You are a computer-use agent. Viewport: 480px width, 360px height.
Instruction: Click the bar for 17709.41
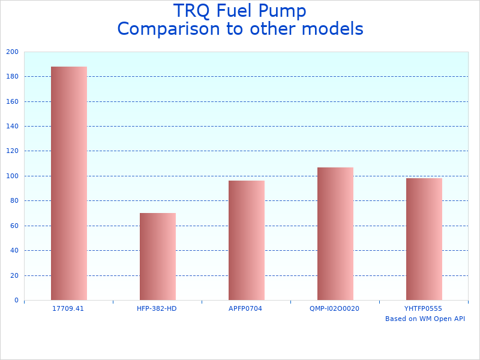pos(69,183)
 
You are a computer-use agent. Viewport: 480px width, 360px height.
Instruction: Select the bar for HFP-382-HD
pos(158,256)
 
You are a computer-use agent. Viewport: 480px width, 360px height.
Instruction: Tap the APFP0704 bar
pos(247,240)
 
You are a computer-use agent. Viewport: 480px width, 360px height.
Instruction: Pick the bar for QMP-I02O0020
pos(335,233)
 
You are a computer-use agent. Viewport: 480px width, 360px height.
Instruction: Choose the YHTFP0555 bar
pos(424,239)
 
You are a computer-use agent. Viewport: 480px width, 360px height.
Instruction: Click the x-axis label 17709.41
pos(68,308)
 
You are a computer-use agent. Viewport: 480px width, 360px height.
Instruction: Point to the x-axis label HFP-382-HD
pos(157,308)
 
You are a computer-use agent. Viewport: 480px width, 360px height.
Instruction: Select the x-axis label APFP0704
pos(245,308)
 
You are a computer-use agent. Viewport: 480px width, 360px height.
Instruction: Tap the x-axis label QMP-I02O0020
pos(334,308)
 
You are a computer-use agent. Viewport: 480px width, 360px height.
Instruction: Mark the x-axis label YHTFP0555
pos(423,308)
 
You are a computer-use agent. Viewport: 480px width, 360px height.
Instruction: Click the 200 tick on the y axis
pos(12,52)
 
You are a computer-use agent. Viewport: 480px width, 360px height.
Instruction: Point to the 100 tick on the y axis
pos(12,176)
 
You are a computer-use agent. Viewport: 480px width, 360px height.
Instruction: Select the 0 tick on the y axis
pos(16,300)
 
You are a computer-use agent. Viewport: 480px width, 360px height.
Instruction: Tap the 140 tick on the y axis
pos(12,126)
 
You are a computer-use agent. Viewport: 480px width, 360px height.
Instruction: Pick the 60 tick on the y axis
pos(14,226)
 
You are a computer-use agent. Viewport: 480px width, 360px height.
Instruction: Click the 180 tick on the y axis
pos(12,76)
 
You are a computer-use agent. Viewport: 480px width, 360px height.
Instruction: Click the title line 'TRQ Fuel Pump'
pos(240,11)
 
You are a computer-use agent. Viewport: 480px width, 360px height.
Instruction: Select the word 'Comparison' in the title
pos(163,29)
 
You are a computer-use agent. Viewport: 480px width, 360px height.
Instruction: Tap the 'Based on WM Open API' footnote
pos(425,319)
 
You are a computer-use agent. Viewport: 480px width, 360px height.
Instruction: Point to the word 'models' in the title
pos(334,29)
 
